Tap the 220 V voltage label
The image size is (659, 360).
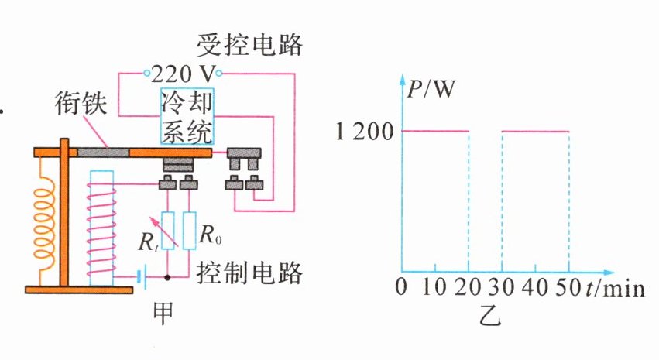(x=183, y=75)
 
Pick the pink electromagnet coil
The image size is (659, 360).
(x=101, y=225)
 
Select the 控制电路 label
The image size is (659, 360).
(x=249, y=273)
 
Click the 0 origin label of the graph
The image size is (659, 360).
(x=400, y=288)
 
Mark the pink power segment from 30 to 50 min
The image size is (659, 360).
(x=535, y=132)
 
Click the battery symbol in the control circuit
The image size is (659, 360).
(x=141, y=276)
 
